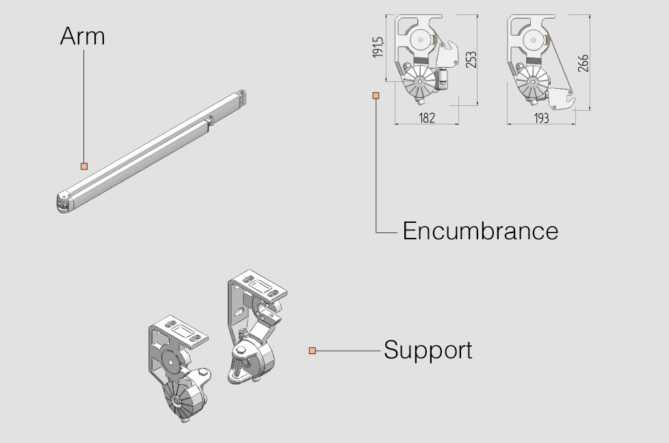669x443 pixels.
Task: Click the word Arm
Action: [82, 36]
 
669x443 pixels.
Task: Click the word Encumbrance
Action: [480, 231]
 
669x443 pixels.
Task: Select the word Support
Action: [428, 351]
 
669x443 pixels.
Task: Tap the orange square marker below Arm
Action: [84, 166]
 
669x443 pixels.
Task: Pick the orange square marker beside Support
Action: [313, 351]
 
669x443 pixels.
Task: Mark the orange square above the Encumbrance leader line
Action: [376, 96]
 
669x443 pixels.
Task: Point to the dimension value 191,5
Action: [378, 47]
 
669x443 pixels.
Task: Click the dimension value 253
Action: [471, 59]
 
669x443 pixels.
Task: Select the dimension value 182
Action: [427, 118]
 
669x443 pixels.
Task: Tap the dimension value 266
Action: [583, 63]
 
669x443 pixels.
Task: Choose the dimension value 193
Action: [542, 118]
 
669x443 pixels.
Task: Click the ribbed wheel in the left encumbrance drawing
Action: [420, 81]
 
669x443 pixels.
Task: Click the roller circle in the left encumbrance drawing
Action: [420, 40]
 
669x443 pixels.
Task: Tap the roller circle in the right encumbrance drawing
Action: [534, 40]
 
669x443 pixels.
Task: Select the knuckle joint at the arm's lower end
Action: [63, 202]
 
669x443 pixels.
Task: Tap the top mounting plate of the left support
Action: [179, 332]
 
